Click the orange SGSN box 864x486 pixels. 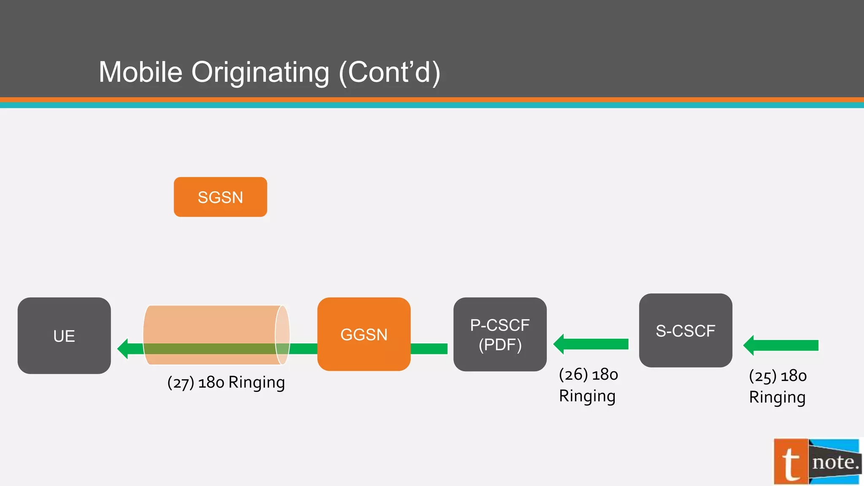pyautogui.click(x=220, y=197)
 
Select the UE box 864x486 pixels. pyautogui.click(x=64, y=336)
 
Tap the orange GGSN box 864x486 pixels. pyautogui.click(x=364, y=334)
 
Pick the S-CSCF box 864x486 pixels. pyautogui.click(x=686, y=330)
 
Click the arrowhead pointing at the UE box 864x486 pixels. pyautogui.click(x=123, y=349)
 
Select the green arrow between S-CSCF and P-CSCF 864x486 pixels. pyautogui.click(x=591, y=344)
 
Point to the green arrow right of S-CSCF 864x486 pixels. pyautogui.click(x=781, y=346)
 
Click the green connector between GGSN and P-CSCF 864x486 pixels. pyautogui.click(x=429, y=349)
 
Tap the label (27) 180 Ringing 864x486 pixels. pyautogui.click(x=226, y=383)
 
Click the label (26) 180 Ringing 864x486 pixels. pyautogui.click(x=588, y=385)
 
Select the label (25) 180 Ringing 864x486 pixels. pyautogui.click(x=778, y=386)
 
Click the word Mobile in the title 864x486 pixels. pyautogui.click(x=140, y=72)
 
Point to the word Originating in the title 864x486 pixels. pyautogui.click(x=260, y=73)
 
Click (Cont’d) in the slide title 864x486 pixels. pyautogui.click(x=389, y=73)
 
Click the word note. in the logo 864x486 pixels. pyautogui.click(x=835, y=462)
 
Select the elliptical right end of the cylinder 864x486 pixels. pyautogui.click(x=282, y=335)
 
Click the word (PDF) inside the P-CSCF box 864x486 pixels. pyautogui.click(x=500, y=345)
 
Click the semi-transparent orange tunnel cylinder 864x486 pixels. pyautogui.click(x=211, y=325)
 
